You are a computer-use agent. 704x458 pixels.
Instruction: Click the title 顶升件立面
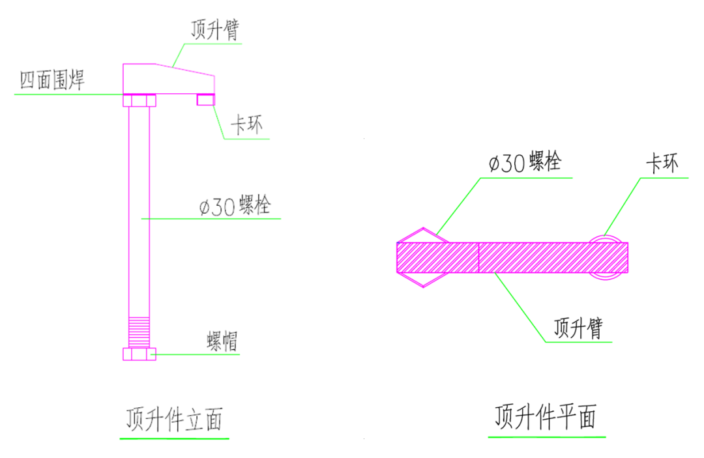pos(174,420)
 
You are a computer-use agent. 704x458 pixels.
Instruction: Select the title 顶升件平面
pos(546,416)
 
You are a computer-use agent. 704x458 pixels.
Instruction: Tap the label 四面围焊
pos(53,81)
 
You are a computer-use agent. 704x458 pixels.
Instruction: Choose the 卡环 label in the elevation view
pos(247,125)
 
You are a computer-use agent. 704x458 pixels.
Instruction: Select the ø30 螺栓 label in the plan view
pos(524,162)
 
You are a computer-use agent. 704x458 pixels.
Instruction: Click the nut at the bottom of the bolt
pos(139,354)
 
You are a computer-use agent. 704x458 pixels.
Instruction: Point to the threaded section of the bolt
pos(139,331)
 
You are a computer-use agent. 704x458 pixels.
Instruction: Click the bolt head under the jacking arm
pos(139,100)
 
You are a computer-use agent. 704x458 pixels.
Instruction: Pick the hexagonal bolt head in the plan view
pos(423,258)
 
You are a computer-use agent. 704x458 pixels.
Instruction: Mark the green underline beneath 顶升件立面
pos(174,438)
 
